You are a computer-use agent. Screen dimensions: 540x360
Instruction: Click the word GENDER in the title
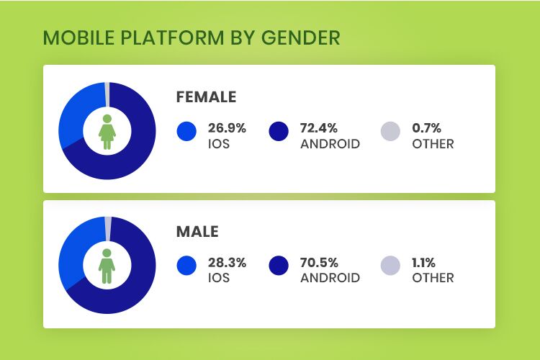tap(301, 37)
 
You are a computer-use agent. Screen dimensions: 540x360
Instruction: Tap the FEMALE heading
tap(206, 96)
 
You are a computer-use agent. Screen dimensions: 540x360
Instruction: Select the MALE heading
tap(197, 232)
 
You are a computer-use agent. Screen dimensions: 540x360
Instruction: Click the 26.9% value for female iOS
tap(227, 128)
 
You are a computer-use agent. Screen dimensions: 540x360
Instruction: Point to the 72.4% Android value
tap(318, 128)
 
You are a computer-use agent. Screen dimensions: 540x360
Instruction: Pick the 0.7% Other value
tap(426, 128)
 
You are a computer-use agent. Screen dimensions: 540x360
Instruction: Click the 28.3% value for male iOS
tap(227, 263)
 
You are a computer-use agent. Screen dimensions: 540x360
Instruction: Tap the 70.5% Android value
tap(319, 263)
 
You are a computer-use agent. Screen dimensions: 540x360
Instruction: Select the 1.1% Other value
tap(423, 263)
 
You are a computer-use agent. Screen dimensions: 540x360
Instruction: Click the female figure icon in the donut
tap(107, 132)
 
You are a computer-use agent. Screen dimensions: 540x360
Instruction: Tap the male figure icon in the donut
tap(107, 266)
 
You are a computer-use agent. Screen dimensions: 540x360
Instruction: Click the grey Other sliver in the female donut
tap(107, 94)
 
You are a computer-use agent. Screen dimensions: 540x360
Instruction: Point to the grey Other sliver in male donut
tap(108, 229)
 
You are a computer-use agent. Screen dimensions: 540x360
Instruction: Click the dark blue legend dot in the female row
tap(279, 131)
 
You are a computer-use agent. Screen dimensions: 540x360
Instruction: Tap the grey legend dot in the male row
tap(390, 266)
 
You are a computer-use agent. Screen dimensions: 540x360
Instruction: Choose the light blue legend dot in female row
tap(186, 131)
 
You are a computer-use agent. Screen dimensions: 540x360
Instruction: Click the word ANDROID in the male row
tap(330, 278)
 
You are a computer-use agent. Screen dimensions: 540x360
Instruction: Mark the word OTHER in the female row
tap(433, 144)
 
